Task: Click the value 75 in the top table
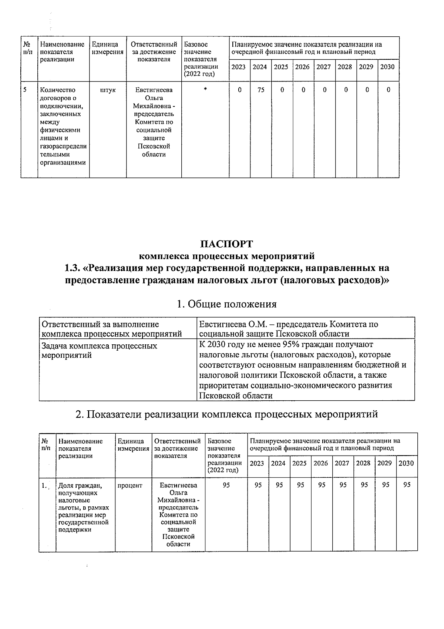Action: point(260,90)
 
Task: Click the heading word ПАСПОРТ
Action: point(226,244)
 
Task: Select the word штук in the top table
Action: point(108,90)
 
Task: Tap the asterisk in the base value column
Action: point(205,90)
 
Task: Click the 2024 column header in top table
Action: point(260,67)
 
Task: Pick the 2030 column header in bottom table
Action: point(406,463)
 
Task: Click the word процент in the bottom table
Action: point(129,485)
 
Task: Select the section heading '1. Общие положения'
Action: point(226,304)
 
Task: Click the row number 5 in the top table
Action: point(25,90)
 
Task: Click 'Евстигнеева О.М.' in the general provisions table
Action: point(229,325)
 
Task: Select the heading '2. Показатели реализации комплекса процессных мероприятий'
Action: point(226,414)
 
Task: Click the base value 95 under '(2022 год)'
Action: point(226,485)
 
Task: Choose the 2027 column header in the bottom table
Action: point(342,463)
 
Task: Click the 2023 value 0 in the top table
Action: point(239,90)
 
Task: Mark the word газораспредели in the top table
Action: point(63,146)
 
